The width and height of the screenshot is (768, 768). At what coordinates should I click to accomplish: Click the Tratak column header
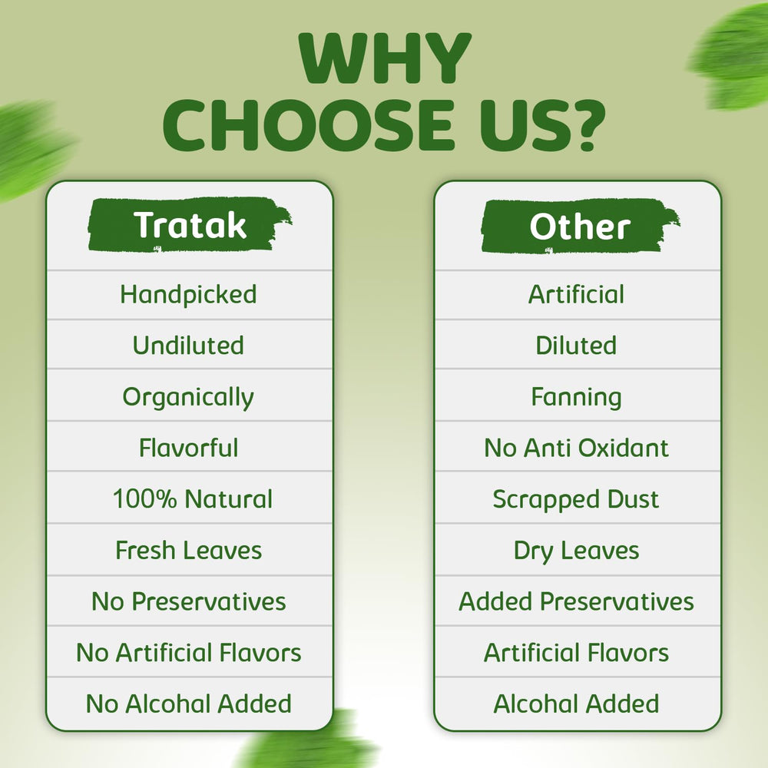pyautogui.click(x=190, y=226)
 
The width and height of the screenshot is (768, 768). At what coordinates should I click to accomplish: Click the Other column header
pyautogui.click(x=579, y=227)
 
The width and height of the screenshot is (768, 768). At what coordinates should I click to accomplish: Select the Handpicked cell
pyautogui.click(x=188, y=294)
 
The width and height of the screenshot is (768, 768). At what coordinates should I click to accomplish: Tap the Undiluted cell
pyautogui.click(x=188, y=346)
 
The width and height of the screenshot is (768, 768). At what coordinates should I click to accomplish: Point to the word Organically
pyautogui.click(x=188, y=397)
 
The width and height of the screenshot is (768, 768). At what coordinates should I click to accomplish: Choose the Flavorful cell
pyautogui.click(x=188, y=448)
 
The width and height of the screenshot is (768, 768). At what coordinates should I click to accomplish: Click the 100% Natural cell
pyautogui.click(x=192, y=499)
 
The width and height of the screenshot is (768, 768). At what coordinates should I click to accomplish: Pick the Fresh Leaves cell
pyautogui.click(x=188, y=550)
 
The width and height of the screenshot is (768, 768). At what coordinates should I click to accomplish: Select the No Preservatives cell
pyautogui.click(x=188, y=601)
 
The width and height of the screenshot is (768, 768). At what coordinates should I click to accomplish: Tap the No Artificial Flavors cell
pyautogui.click(x=188, y=653)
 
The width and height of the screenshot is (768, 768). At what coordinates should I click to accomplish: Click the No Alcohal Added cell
pyautogui.click(x=188, y=703)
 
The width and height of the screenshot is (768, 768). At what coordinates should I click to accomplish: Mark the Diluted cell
pyautogui.click(x=576, y=346)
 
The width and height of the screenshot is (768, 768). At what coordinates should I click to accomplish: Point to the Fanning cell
pyautogui.click(x=576, y=397)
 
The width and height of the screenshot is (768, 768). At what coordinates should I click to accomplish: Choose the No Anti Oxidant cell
pyautogui.click(x=576, y=448)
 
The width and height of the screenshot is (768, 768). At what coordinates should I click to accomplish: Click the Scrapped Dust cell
pyautogui.click(x=576, y=499)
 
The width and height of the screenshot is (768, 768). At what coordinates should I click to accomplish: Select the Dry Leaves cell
pyautogui.click(x=576, y=550)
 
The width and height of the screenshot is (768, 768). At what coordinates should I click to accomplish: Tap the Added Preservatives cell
pyautogui.click(x=576, y=601)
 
